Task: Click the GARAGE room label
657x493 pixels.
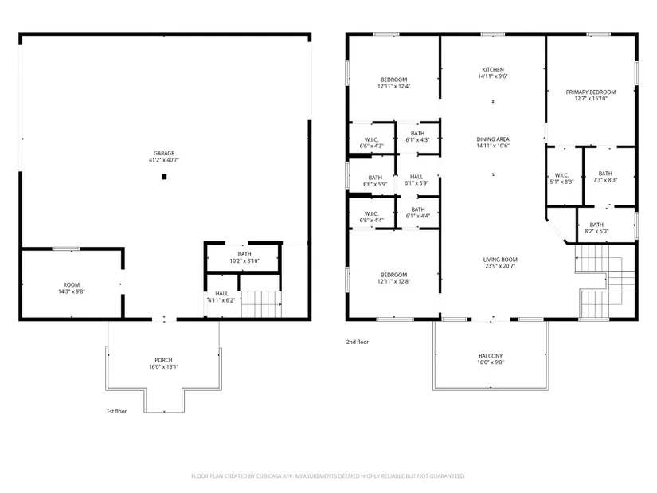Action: click(x=164, y=156)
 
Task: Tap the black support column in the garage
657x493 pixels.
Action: click(x=164, y=177)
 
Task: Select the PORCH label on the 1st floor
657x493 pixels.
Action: click(x=163, y=363)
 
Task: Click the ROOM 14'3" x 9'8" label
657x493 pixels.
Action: click(x=72, y=288)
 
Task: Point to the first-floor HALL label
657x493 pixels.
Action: click(x=221, y=297)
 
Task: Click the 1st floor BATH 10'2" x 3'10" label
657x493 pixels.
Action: click(x=244, y=257)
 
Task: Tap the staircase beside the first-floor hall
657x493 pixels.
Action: click(x=260, y=304)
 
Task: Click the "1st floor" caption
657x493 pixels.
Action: click(x=116, y=411)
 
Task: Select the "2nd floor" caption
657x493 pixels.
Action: click(x=358, y=342)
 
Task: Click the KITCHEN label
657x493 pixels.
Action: click(x=493, y=73)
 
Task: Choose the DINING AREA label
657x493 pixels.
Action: click(x=493, y=143)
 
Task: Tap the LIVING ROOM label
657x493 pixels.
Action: click(x=500, y=263)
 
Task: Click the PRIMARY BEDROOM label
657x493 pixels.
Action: click(x=591, y=95)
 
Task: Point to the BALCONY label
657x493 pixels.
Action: click(x=491, y=359)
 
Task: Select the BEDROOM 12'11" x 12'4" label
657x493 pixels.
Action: click(x=394, y=83)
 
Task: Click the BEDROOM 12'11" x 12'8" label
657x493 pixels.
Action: click(x=394, y=278)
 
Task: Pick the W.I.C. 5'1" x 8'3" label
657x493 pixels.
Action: click(x=561, y=178)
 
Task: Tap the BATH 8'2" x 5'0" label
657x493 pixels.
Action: click(x=596, y=228)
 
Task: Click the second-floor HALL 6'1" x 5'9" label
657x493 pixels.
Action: click(x=416, y=180)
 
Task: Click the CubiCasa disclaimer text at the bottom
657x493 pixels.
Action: click(x=328, y=476)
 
